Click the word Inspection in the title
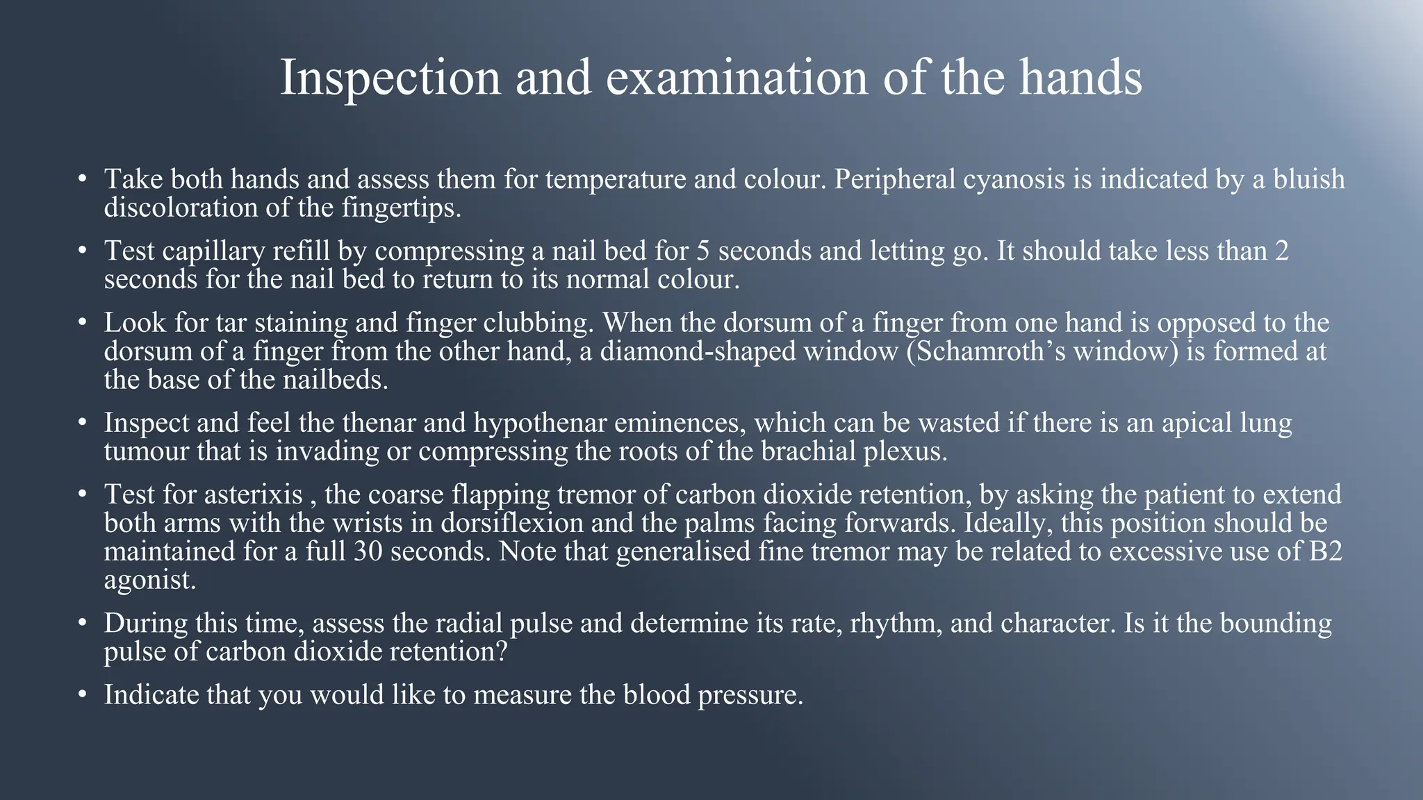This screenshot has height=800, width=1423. [390, 78]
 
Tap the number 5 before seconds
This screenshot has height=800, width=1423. [703, 251]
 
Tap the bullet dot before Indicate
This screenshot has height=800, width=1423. [83, 694]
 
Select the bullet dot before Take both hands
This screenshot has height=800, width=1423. [83, 179]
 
